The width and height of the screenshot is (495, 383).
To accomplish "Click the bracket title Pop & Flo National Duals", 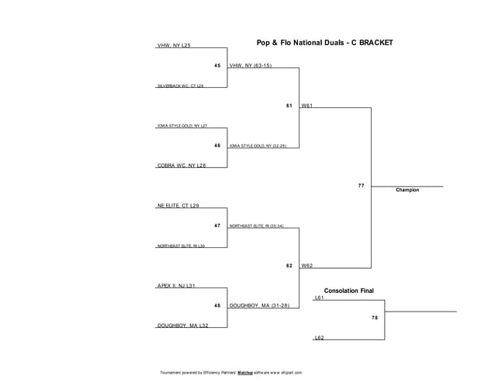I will point(324,43).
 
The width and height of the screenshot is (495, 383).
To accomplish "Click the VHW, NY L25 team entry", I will point(174,46).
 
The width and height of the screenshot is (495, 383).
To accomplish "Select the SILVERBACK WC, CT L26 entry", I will point(180,85).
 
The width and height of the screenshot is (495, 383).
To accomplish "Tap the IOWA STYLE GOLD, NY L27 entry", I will point(182,125).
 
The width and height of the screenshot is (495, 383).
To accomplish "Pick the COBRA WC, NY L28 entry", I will point(181,165).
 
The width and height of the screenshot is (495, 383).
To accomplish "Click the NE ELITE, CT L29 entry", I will point(178,206).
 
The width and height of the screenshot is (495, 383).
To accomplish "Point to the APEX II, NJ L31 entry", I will point(176,286).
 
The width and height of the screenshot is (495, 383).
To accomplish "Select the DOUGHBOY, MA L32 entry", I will point(182,326).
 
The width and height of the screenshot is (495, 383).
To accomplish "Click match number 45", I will point(217,66).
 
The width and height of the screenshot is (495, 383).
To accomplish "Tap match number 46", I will point(217,145).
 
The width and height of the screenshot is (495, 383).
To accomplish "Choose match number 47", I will point(217,226).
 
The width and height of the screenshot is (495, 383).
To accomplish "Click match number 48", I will point(217,306).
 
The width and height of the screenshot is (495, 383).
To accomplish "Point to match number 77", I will point(362,186).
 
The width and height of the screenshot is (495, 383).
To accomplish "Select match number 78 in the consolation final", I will point(375,318).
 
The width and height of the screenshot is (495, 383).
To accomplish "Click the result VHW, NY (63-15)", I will point(251,66).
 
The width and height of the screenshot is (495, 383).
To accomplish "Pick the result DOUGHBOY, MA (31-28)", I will point(259,306).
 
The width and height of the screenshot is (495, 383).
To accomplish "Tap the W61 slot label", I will point(307,106).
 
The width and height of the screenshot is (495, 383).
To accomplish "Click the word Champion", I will point(407,190).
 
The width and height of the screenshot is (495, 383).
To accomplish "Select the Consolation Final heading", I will point(348,291).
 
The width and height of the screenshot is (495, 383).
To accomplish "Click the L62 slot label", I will point(319,338).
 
